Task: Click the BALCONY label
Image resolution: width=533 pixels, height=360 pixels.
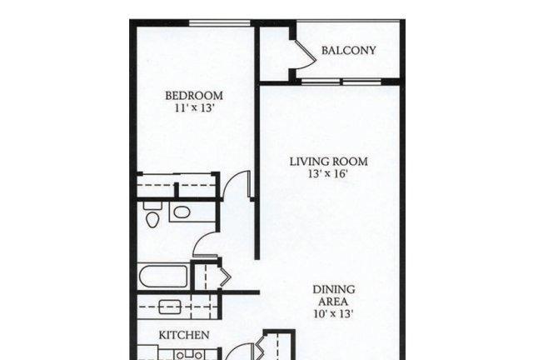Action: click(x=348, y=50)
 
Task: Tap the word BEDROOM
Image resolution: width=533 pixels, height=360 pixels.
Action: click(x=194, y=96)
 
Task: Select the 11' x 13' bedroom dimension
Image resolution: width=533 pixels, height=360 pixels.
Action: click(x=194, y=108)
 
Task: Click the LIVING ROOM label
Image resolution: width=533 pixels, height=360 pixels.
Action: click(x=328, y=162)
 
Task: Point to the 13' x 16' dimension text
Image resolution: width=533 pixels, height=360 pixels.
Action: click(x=328, y=174)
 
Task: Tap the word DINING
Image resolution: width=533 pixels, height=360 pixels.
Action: click(x=334, y=289)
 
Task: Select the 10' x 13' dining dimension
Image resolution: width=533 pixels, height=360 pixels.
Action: click(x=333, y=313)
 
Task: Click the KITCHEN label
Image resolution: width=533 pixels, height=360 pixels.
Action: click(x=184, y=335)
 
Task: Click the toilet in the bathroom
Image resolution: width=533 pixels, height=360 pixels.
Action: click(x=152, y=214)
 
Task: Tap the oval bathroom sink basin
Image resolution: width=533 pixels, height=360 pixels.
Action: click(x=182, y=212)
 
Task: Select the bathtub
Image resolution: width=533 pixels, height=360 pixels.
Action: click(x=163, y=277)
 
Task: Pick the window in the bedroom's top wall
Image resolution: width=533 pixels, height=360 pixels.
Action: click(x=220, y=22)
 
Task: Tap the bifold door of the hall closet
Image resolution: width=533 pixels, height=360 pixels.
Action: click(x=225, y=277)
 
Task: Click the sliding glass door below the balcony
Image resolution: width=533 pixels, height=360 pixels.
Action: click(x=341, y=82)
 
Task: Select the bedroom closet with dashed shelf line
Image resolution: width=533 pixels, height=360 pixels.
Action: click(x=177, y=186)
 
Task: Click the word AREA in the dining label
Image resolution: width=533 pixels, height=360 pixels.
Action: click(x=333, y=302)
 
